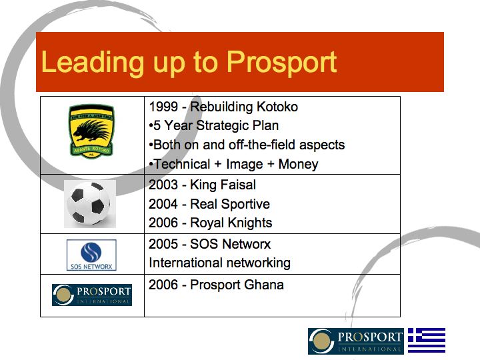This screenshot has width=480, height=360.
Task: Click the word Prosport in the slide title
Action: pyautogui.click(x=281, y=62)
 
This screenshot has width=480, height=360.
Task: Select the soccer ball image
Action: pyautogui.click(x=90, y=204)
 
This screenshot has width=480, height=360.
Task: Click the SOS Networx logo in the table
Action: pyautogui.click(x=91, y=255)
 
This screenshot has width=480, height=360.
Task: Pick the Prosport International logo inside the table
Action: pyautogui.click(x=92, y=295)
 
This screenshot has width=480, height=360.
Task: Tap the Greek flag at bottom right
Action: pyautogui.click(x=426, y=341)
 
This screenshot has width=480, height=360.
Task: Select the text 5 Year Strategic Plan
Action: pyautogui.click(x=216, y=125)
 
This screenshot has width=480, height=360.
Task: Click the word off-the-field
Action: pyautogui.click(x=259, y=145)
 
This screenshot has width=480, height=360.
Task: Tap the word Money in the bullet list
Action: pyautogui.click(x=298, y=164)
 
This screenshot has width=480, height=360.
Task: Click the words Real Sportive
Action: pyautogui.click(x=230, y=204)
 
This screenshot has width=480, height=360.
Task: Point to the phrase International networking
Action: pyautogui.click(x=219, y=262)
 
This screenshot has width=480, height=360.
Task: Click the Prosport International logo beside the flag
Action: pyautogui.click(x=356, y=341)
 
